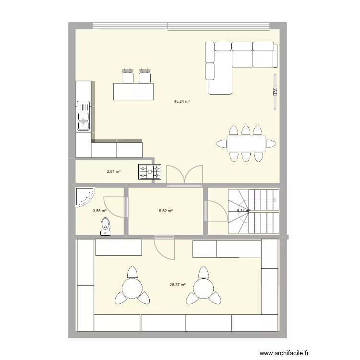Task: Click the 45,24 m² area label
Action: coord(182,101)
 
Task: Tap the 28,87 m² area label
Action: coord(178,285)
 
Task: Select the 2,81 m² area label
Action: coord(113,171)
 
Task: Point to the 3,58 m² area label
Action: coord(99,211)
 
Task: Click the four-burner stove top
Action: coord(150,172)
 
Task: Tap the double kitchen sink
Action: coord(84,116)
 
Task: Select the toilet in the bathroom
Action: coord(106,226)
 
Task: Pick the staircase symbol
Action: coord(252,211)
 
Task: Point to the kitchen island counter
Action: coord(134,91)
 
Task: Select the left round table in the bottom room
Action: coord(131,288)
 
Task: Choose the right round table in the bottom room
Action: coord(203,288)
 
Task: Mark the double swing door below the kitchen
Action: coord(184,175)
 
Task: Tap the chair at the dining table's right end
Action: coord(271,143)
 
